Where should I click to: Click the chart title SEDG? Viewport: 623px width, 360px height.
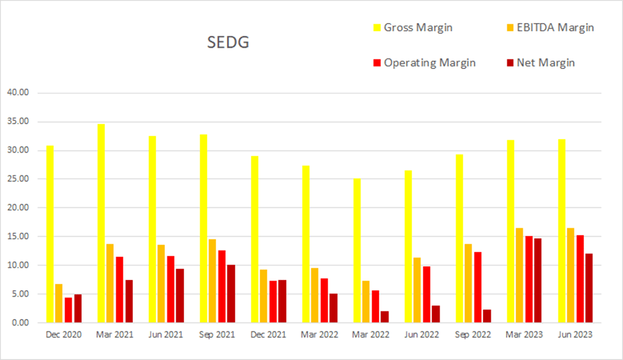point(228,43)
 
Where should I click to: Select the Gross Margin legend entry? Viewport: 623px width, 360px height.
point(415,27)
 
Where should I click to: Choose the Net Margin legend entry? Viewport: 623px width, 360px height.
point(542,63)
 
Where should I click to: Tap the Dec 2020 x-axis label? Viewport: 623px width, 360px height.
point(64,334)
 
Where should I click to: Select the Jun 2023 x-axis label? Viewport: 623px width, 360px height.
point(574,334)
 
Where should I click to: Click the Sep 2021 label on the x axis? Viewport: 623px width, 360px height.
point(217,334)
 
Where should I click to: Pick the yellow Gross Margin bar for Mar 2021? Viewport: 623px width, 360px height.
point(101,224)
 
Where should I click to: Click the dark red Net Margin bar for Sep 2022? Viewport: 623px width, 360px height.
point(486,317)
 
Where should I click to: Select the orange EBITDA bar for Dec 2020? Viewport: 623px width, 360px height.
point(59,304)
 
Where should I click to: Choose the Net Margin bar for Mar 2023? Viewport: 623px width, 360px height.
point(537,281)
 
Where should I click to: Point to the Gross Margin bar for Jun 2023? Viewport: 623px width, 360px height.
point(561,231)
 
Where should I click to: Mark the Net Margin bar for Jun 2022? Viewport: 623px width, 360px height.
point(435,314)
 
